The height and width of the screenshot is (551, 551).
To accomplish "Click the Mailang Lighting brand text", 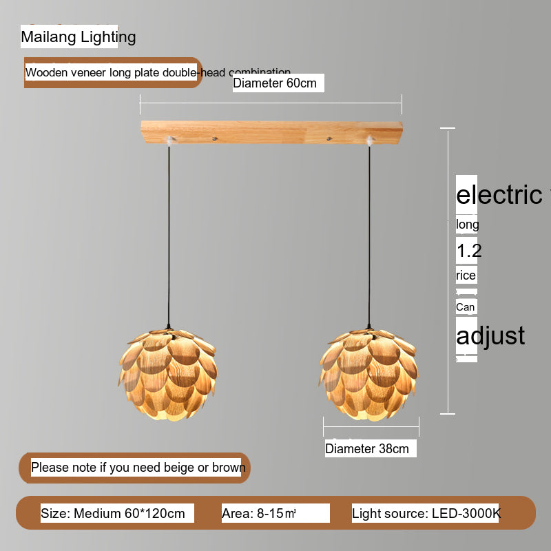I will [79, 37].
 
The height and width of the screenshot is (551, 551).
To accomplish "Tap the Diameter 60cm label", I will [275, 83].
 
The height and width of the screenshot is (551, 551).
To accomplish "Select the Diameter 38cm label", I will [368, 448].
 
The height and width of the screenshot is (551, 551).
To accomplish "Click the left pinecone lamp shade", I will [169, 375].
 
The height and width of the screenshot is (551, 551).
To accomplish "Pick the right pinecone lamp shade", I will [369, 375].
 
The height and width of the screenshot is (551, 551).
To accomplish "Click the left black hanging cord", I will [169, 234].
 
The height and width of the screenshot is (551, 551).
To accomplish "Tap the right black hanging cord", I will [369, 234].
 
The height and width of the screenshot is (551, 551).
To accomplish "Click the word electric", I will [500, 195].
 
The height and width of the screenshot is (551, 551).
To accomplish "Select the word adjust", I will [491, 335].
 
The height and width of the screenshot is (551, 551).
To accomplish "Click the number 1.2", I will [469, 251].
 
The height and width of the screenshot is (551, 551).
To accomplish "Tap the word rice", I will [466, 275].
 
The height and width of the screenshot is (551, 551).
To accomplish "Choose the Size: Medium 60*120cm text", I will [114, 513].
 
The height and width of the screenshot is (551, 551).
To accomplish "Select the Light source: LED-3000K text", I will [426, 513].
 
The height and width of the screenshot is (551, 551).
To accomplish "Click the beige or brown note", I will [138, 468].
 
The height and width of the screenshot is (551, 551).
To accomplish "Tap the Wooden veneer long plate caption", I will [113, 72].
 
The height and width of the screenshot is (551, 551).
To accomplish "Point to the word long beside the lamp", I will [468, 225].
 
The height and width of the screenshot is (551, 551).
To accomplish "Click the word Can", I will [466, 306].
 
